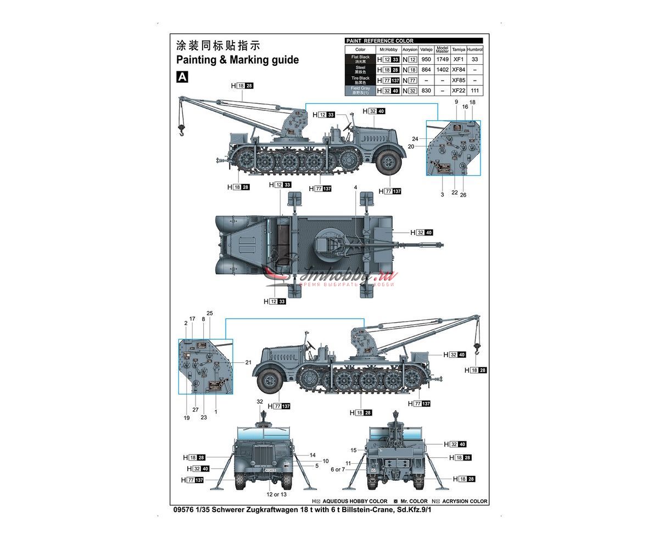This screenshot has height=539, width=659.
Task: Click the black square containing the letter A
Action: point(182,77)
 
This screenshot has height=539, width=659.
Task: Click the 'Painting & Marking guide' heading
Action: point(237,60)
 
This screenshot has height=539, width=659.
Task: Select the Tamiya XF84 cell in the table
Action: point(458,70)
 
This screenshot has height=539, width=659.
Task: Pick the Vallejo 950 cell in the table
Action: point(426,59)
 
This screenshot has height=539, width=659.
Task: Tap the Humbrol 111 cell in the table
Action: point(475,91)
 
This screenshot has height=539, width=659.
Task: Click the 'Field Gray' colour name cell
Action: point(360,91)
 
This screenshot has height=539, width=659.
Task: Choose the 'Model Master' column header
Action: point(442,49)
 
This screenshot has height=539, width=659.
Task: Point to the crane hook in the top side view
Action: point(180,130)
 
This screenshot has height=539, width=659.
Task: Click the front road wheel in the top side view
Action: point(389,161)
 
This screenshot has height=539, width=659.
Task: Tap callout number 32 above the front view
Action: point(260,402)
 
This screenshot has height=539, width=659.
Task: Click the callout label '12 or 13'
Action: point(276,494)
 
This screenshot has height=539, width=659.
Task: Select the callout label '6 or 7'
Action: point(338,469)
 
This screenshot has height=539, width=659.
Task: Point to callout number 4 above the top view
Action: point(355,188)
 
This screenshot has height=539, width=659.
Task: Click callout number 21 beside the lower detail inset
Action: point(248,362)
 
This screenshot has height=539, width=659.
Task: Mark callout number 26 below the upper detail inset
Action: point(463,195)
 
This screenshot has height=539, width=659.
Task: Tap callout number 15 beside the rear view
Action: point(354,450)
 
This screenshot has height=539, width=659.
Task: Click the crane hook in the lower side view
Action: point(477,346)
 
